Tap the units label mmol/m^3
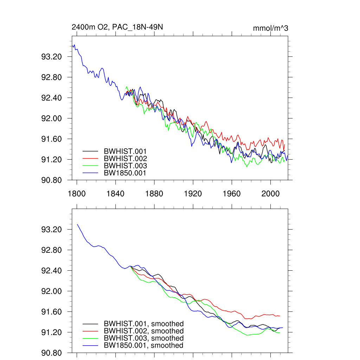(x=270, y=28)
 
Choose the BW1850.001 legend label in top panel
(x=125, y=173)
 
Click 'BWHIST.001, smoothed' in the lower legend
(x=143, y=324)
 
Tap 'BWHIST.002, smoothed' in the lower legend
(x=143, y=331)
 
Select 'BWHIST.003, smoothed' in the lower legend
(x=143, y=338)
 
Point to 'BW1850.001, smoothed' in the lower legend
(x=143, y=346)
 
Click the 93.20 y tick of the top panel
(x=52, y=57)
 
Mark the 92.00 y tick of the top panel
(x=52, y=118)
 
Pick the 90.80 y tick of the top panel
(x=52, y=180)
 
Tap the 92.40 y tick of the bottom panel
(x=52, y=271)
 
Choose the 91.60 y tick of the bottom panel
(x=52, y=312)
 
